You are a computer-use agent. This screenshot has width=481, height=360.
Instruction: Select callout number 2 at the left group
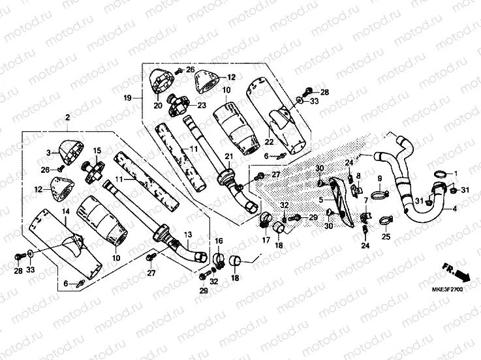click(x=67, y=117)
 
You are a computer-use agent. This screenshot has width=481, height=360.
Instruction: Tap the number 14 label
click(x=66, y=212)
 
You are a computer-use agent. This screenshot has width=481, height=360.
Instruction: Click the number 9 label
click(x=379, y=178)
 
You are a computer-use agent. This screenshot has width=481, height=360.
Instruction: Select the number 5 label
click(x=321, y=190)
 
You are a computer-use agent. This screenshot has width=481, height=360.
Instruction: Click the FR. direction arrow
click(x=454, y=269)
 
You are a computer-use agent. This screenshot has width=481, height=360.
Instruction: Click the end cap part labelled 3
click(x=71, y=151)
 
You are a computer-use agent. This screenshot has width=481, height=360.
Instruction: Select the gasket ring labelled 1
click(x=440, y=174)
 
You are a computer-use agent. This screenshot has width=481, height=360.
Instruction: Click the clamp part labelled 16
click(x=219, y=259)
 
